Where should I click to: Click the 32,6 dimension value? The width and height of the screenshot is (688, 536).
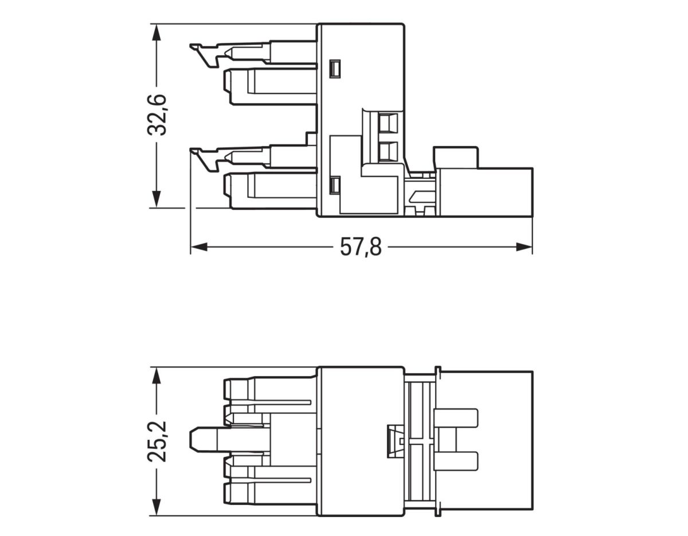(x=157, y=115)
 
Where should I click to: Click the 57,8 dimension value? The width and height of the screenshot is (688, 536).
(x=361, y=248)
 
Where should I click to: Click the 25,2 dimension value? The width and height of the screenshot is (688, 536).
(x=157, y=441)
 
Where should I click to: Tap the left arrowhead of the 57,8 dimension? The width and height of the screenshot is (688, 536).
(x=198, y=247)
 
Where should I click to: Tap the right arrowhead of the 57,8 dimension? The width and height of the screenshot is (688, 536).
(x=524, y=247)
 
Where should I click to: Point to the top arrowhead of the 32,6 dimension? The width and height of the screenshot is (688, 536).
(x=156, y=32)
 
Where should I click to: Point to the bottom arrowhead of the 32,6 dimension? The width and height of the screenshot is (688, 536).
(x=156, y=199)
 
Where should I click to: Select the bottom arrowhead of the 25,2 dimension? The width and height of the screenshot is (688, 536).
(x=156, y=507)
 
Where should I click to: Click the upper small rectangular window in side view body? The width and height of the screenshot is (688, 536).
(x=335, y=69)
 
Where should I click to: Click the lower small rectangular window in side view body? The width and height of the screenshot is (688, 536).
(x=335, y=185)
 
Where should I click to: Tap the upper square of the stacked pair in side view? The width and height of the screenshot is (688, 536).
(x=388, y=122)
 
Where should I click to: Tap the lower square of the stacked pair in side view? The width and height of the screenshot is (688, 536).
(x=388, y=151)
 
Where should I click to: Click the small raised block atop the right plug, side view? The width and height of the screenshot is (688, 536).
(x=456, y=157)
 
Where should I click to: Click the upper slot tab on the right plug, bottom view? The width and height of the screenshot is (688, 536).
(x=456, y=418)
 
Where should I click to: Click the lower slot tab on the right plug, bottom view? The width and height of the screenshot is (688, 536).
(x=456, y=461)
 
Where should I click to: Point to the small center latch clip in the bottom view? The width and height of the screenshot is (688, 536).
(x=394, y=441)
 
